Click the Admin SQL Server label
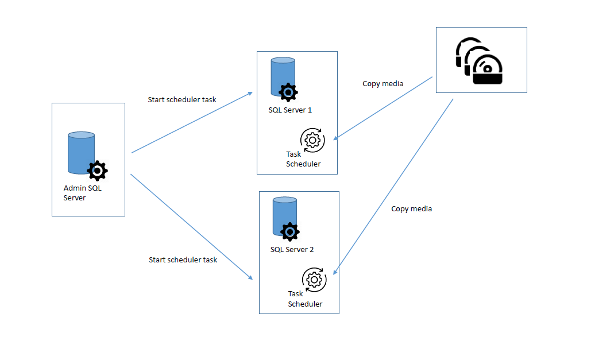point(82,193)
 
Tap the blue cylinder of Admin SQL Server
point(80,152)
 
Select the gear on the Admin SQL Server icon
point(98,171)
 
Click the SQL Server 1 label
point(290,110)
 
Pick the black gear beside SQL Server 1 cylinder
point(288,92)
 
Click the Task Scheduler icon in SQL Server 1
point(312,140)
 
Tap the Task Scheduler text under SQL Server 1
point(303,159)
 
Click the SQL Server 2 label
point(292,250)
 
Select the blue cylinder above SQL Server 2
point(284,216)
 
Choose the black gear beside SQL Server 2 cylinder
point(290,232)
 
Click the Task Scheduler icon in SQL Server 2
point(314,280)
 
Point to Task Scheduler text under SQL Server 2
point(304,299)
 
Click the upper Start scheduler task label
point(182,99)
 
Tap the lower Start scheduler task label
point(183,260)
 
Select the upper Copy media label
point(383,83)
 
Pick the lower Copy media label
point(411,208)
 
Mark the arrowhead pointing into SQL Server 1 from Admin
point(250,92)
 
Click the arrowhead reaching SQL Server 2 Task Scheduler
point(335,272)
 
